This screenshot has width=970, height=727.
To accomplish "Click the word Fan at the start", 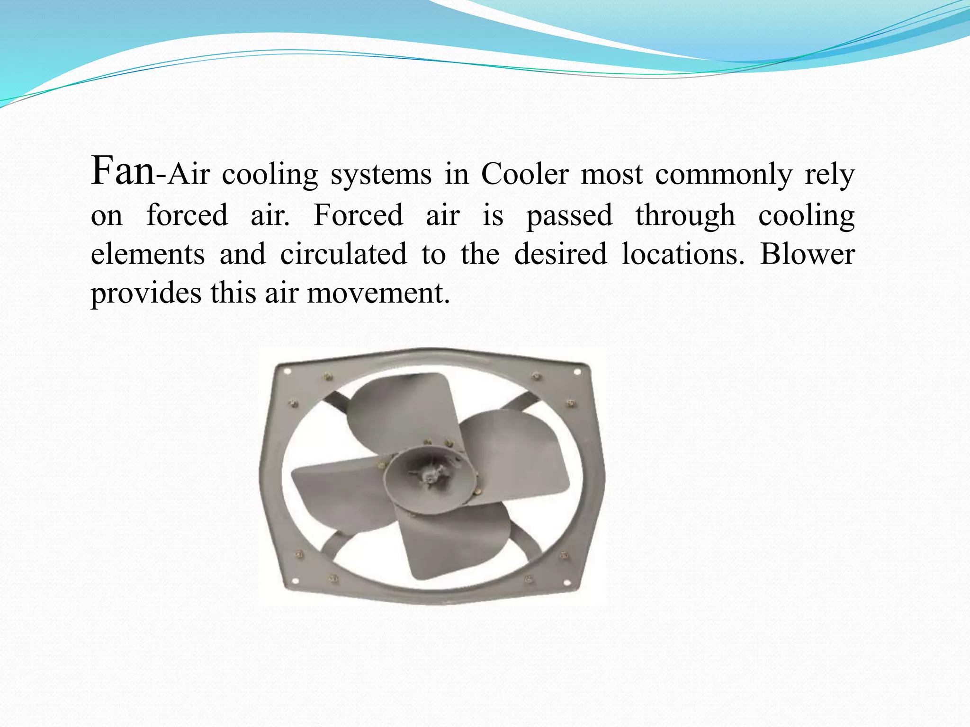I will [122, 171].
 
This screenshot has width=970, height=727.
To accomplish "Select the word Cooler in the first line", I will [524, 174].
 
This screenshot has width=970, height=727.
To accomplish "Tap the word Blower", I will [807, 254].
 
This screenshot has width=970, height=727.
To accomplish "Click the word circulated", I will [343, 254].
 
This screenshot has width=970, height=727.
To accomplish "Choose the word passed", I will [569, 216].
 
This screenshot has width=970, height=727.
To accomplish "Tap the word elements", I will [148, 254].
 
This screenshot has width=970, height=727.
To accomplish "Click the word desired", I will [560, 254].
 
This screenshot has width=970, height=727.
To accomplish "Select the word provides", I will [146, 294].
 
